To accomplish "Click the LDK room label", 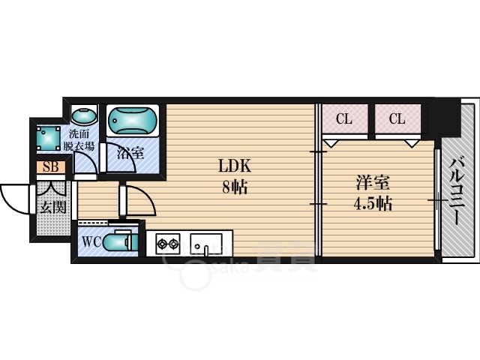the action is click(x=235, y=166).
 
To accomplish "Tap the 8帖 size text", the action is click(x=235, y=187).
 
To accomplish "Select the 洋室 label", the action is click(x=373, y=183).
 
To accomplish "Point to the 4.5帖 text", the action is click(x=373, y=203).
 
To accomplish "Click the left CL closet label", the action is click(x=344, y=118).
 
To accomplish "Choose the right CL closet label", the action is click(x=397, y=118).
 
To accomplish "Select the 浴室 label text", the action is click(x=130, y=152).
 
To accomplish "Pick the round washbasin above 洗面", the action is click(x=84, y=115).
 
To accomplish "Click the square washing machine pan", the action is click(x=48, y=138).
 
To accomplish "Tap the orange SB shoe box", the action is click(x=51, y=167).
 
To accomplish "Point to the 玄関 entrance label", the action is click(x=53, y=208).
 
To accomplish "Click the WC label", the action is click(x=91, y=242).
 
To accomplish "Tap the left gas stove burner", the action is click(x=162, y=244).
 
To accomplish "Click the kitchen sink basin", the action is click(x=206, y=244).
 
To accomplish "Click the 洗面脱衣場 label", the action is click(x=79, y=140).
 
